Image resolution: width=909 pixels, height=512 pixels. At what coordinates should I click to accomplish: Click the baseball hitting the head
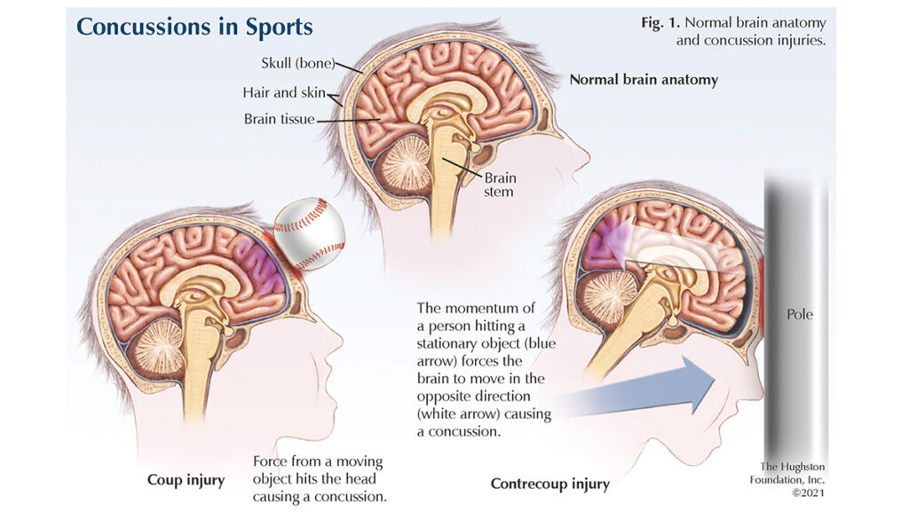[309, 233]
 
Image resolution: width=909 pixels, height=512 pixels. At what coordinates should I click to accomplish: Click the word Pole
[799, 314]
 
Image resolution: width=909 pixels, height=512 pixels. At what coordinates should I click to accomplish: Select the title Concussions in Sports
[194, 27]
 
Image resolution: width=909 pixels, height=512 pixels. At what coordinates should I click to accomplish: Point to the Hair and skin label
[283, 92]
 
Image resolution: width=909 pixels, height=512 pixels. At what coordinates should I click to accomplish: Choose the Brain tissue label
[279, 118]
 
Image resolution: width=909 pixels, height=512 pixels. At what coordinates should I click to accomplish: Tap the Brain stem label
[499, 184]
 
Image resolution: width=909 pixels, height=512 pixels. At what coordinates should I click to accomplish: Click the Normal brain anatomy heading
[644, 80]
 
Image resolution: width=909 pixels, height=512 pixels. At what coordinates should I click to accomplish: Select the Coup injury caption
[186, 480]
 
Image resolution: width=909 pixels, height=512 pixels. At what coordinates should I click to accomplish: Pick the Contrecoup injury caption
[549, 484]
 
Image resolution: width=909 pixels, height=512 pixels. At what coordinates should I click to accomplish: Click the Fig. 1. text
[660, 23]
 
